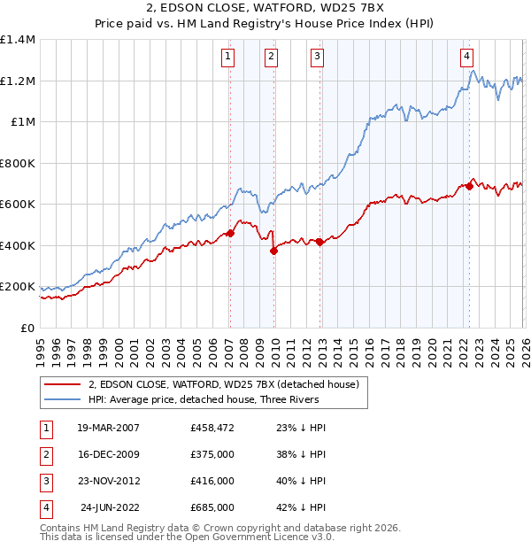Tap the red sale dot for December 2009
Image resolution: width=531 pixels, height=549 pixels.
click(273, 251)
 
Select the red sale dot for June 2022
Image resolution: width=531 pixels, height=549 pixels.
click(469, 187)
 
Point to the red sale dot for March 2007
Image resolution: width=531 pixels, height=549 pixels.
click(230, 234)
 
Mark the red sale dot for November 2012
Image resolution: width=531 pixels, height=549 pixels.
click(319, 243)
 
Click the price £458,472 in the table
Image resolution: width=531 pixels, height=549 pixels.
click(212, 428)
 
